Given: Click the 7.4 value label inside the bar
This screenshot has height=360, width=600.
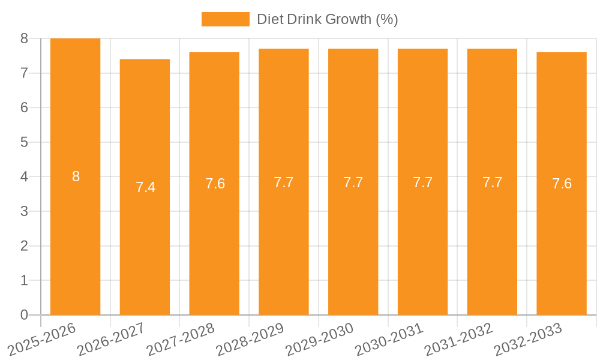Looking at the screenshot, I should pyautogui.click(x=145, y=187).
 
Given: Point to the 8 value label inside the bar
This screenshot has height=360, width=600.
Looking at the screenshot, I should pyautogui.click(x=76, y=176).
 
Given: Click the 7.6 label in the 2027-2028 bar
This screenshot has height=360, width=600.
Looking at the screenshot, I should pyautogui.click(x=215, y=184).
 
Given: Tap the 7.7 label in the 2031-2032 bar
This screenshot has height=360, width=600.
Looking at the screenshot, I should pyautogui.click(x=492, y=182).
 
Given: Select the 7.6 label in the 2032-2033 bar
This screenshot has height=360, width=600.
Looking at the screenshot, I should pyautogui.click(x=562, y=184).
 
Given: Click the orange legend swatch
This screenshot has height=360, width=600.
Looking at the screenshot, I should pyautogui.click(x=225, y=19).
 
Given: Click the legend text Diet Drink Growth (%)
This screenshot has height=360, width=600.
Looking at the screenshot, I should pyautogui.click(x=327, y=19).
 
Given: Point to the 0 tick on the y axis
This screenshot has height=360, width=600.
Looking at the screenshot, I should pyautogui.click(x=24, y=315).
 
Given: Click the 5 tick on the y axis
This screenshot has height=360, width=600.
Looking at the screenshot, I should pyautogui.click(x=24, y=142).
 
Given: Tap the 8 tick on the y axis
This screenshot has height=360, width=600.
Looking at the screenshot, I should pyautogui.click(x=24, y=38).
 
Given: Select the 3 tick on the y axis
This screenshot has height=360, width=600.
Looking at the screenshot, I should pyautogui.click(x=24, y=211).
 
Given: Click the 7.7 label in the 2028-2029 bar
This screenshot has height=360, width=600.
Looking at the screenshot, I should pyautogui.click(x=283, y=182).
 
